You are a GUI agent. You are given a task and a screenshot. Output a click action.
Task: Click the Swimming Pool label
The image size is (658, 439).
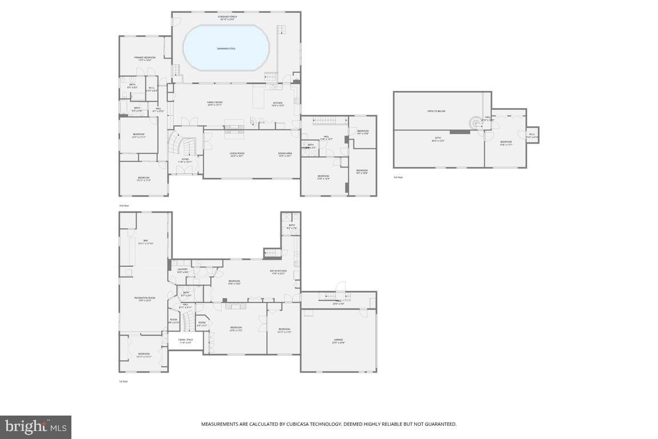[x=226, y=49]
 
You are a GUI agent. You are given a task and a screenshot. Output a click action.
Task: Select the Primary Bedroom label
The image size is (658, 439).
[x=145, y=58]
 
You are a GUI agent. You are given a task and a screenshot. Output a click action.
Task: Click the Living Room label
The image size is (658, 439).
[x=237, y=154]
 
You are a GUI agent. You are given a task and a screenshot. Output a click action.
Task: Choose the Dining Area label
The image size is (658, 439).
[x=284, y=154]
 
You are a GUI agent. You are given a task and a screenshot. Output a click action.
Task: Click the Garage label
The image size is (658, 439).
[x=339, y=341]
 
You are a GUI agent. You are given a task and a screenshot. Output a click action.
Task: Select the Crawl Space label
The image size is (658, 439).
[x=186, y=341]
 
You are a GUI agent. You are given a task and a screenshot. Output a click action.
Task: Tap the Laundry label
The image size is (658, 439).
[x=183, y=270]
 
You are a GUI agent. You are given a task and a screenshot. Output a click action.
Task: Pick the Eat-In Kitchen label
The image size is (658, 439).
[x=278, y=272]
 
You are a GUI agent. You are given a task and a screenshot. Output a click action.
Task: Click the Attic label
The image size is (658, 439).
[x=438, y=139]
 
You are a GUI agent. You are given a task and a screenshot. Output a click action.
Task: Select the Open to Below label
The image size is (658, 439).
[x=436, y=111]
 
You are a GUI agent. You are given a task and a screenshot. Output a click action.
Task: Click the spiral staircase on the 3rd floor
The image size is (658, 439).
[x=476, y=123]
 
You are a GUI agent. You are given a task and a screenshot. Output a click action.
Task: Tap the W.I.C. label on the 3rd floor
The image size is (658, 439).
[x=532, y=135]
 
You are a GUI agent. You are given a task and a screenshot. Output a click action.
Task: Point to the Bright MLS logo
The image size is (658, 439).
[x=36, y=426]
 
